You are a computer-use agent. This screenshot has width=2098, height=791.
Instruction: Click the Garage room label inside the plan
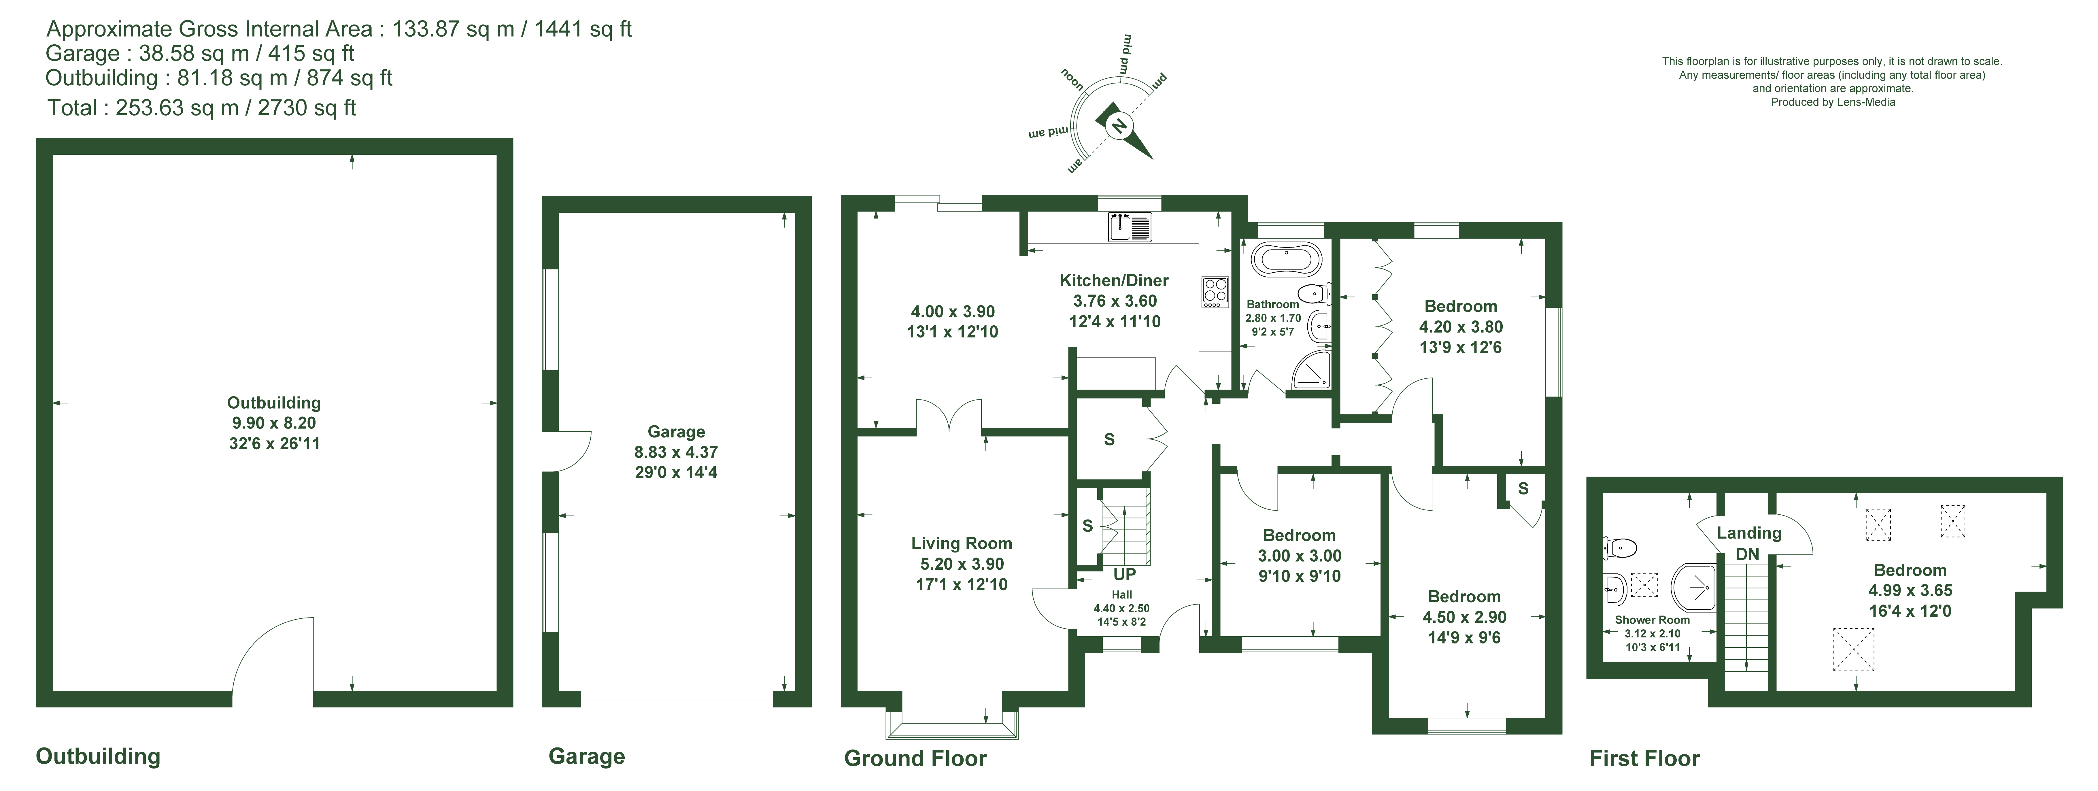click(676, 432)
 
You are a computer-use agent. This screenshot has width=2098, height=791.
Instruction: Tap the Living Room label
click(961, 543)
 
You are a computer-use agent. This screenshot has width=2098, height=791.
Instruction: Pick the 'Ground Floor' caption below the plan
click(915, 758)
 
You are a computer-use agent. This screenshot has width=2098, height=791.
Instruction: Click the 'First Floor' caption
click(1644, 758)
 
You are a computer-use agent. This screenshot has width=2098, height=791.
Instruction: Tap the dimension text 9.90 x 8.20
click(274, 423)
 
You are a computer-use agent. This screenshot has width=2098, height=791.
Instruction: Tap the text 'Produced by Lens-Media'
click(1833, 102)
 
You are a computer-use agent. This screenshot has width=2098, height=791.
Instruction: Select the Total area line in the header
click(202, 107)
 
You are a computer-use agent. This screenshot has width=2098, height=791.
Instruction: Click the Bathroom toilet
click(1315, 292)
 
